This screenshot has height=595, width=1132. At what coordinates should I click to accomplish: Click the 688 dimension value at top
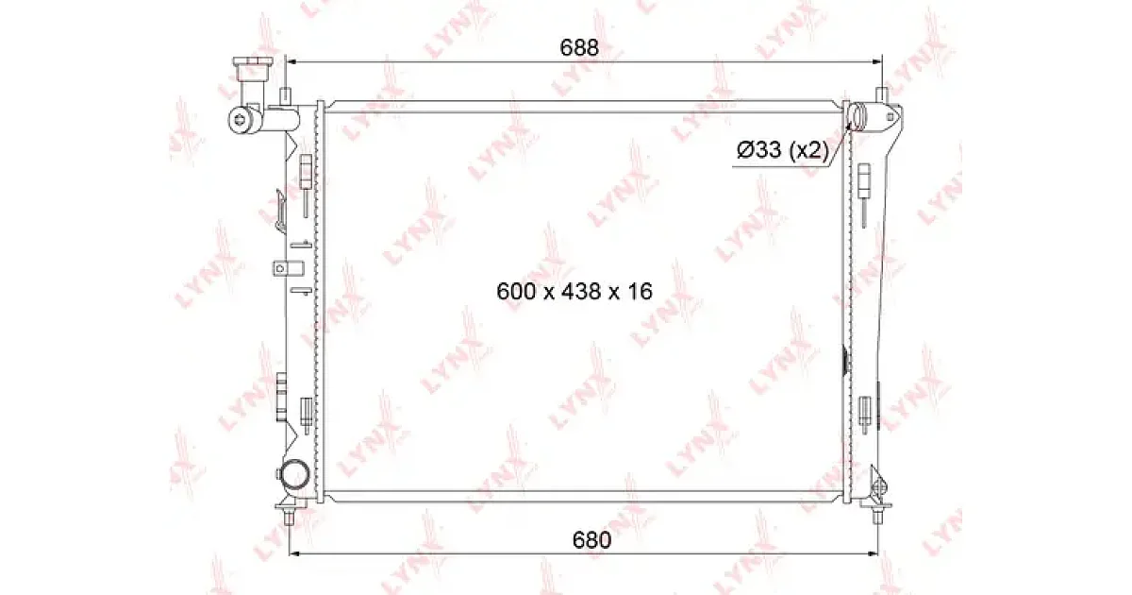579,47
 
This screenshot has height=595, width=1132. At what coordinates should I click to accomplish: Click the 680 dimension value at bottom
591,540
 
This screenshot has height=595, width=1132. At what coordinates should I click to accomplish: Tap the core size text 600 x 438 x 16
574,292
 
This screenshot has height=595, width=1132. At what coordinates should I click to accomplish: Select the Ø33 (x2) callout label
783,150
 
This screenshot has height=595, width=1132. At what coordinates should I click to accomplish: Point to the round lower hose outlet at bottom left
294,475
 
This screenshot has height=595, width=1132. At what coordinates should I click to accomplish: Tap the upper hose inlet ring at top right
857,116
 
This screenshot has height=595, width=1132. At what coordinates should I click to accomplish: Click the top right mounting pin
882,94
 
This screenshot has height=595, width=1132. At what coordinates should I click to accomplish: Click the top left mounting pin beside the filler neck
286,95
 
